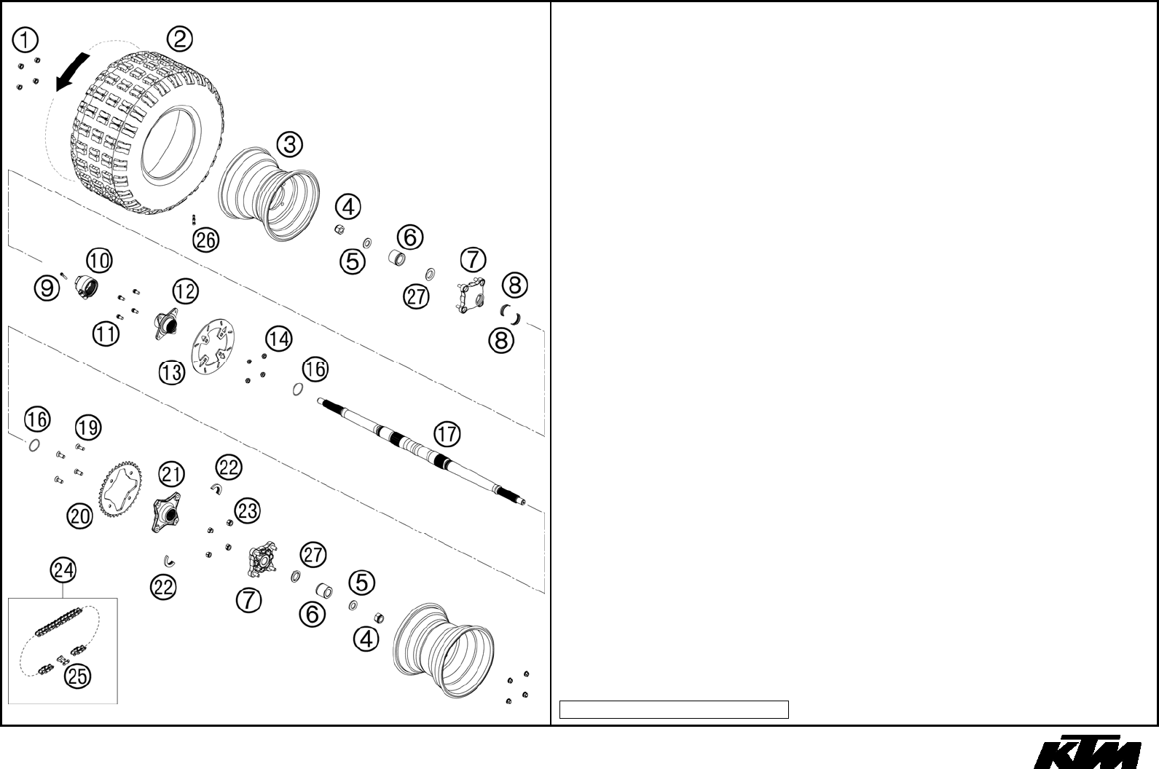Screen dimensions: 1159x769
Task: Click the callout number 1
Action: click(25, 41)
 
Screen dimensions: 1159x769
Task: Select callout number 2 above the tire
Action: click(179, 39)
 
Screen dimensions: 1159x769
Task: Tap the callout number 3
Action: click(289, 144)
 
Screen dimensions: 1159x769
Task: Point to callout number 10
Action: click(100, 260)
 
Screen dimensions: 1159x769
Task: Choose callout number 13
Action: click(172, 373)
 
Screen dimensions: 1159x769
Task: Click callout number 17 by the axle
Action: click(447, 435)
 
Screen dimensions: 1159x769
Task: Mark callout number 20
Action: click(80, 516)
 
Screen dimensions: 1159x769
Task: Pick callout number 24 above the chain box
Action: click(63, 569)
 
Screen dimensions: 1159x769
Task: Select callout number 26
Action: click(206, 240)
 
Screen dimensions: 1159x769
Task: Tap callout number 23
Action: click(248, 510)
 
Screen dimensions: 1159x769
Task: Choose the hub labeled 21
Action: click(167, 513)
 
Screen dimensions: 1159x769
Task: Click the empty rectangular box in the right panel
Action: click(674, 709)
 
